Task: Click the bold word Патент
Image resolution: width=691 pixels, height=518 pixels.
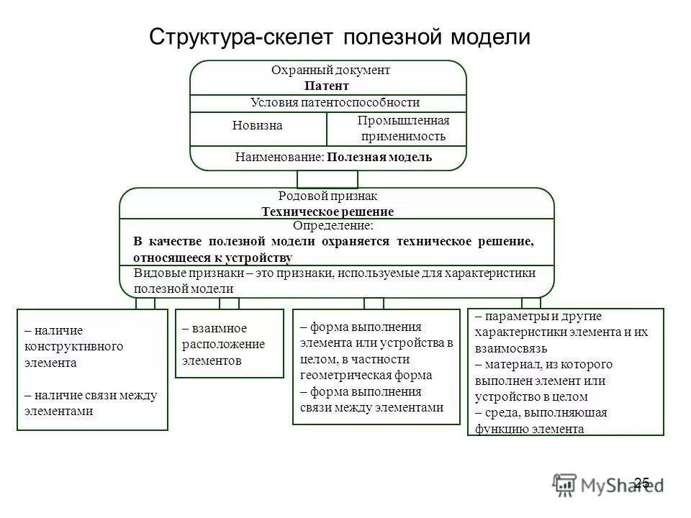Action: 330,86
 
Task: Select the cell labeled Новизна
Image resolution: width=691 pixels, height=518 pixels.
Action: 258,126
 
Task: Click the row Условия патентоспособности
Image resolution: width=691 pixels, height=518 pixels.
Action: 334,103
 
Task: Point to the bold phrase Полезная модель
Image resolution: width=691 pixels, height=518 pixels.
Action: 379,157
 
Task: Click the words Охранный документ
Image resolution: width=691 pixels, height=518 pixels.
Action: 330,71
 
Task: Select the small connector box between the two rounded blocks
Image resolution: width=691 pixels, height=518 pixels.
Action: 328,179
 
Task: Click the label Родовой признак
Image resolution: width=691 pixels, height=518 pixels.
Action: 328,196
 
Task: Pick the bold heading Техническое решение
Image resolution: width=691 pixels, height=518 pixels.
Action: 328,212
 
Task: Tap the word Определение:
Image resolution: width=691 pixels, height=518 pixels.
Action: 328,226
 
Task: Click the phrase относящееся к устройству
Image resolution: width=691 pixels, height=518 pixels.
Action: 212,258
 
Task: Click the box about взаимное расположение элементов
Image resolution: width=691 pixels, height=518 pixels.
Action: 230,343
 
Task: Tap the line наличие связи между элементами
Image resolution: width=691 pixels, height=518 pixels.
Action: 90,403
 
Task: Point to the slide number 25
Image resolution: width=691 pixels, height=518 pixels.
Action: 642,483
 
